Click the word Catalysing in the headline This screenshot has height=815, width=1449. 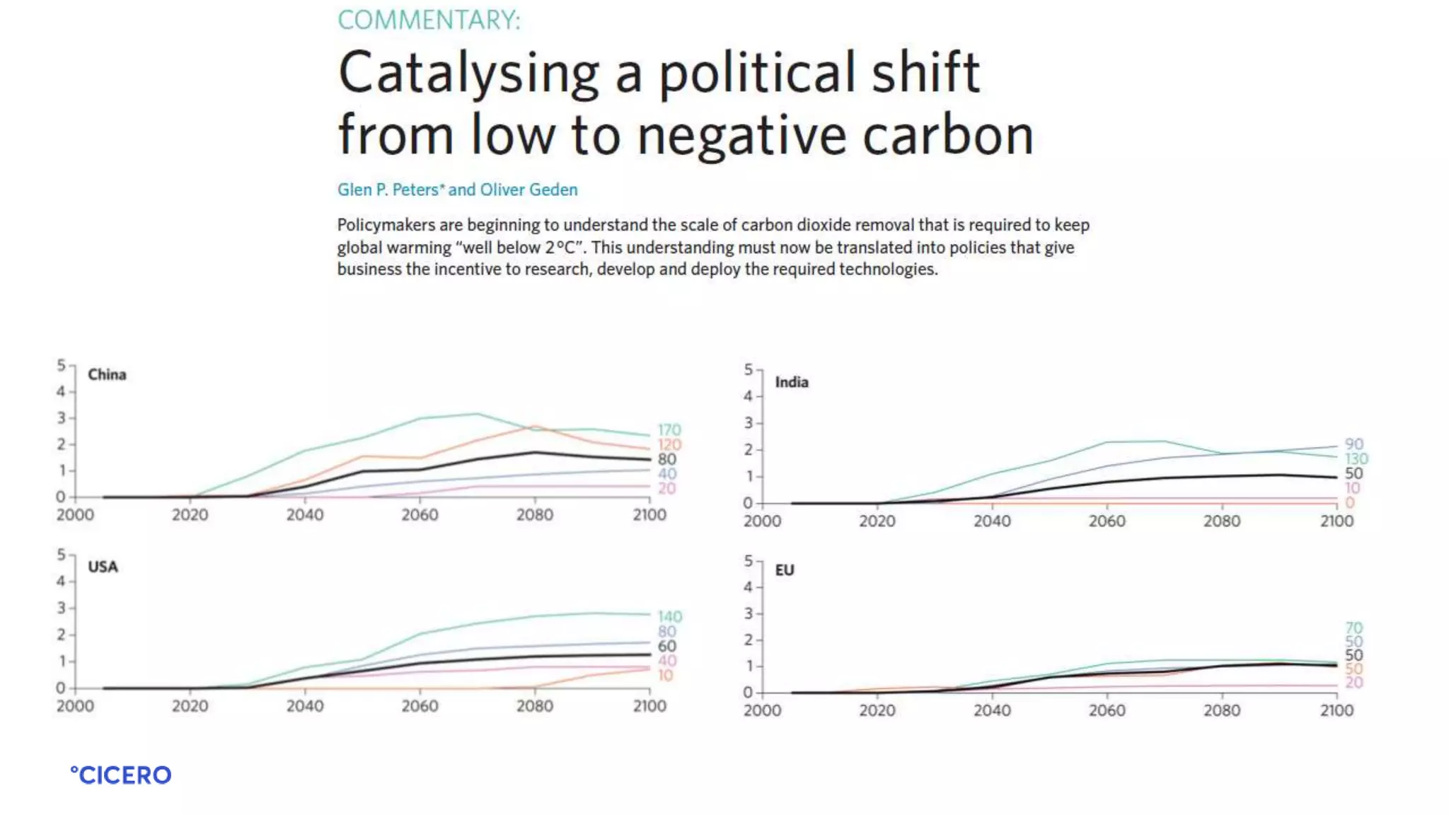pos(468,73)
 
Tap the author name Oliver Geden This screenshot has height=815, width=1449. pos(529,190)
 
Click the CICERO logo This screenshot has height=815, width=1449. pos(121,775)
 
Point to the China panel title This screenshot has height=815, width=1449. pos(107,374)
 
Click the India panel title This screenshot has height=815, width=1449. pos(791,382)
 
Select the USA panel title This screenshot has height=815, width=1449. pos(103,567)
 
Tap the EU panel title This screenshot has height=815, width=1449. pos(784,570)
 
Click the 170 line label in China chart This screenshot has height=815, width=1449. pos(669,429)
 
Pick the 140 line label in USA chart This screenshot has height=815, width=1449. pos(669,616)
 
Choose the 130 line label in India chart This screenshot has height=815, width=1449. pos(1356,458)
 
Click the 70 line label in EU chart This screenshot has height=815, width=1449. pos(1353,628)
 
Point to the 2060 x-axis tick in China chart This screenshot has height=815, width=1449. pos(420,515)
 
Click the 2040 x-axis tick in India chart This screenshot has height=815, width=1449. pos(992,521)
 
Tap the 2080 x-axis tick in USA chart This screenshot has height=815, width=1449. pos(535,706)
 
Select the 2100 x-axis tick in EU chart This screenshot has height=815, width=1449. pos(1337,711)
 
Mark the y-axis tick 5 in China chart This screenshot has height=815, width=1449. pos(62,365)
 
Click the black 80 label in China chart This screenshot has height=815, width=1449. pos(666,459)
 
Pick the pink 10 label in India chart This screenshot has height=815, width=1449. pos(1352,487)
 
